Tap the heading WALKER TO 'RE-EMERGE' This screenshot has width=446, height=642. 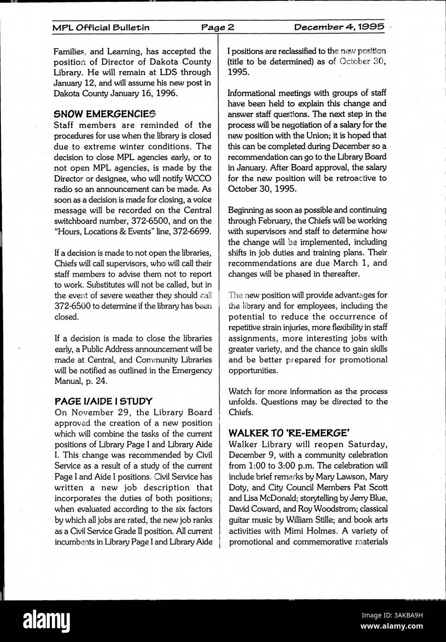click(x=289, y=433)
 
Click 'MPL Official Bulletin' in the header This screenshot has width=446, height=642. click(x=101, y=27)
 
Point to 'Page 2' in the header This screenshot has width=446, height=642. click(x=218, y=27)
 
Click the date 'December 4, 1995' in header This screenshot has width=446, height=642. click(x=339, y=27)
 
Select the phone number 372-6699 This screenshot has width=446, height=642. click(x=192, y=231)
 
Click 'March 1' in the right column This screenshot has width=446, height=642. click(x=349, y=263)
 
